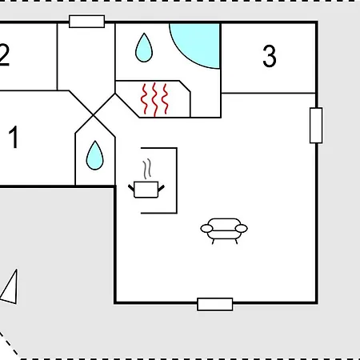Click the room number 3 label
point(270,56)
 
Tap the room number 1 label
point(14,137)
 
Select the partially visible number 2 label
point(5,55)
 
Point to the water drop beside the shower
point(144,48)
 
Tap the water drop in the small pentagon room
point(94,156)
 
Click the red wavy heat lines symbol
point(154,100)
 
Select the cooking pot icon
point(146,190)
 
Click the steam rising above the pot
point(147,169)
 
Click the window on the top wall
point(86,22)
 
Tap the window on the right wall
point(316,126)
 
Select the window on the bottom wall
point(215,304)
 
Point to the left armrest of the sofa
point(206,229)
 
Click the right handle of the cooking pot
point(162,188)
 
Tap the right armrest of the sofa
point(242,229)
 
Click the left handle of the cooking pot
point(131,188)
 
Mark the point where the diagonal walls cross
point(93,115)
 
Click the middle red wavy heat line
point(154,100)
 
